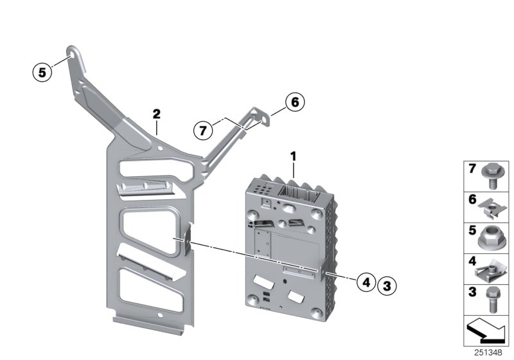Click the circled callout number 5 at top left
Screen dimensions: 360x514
(42, 72)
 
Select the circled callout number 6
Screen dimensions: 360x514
(293, 102)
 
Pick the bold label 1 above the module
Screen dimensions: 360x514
(293, 156)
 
